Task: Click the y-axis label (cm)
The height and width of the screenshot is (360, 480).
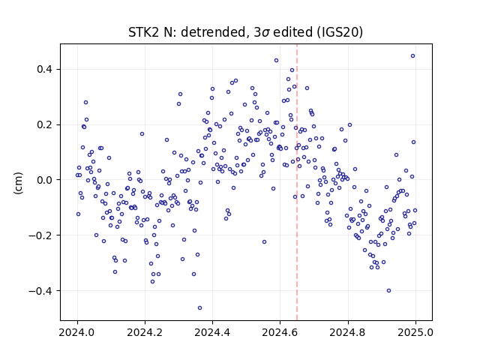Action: [18, 183]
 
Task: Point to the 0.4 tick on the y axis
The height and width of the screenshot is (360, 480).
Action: [45, 70]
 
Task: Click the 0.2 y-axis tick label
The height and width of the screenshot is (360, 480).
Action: [45, 125]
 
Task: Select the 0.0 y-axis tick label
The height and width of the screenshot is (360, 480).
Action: [45, 180]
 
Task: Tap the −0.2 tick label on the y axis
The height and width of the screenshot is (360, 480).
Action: [40, 235]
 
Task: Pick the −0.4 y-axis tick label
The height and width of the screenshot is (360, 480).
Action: [40, 291]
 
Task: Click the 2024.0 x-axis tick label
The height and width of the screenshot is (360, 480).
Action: [77, 332]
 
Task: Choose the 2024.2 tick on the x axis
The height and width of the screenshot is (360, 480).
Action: [145, 332]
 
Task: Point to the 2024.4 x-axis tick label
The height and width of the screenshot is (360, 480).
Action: [212, 332]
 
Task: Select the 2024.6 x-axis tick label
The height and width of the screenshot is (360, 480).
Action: [280, 332]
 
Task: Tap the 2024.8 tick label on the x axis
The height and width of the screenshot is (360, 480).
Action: [348, 332]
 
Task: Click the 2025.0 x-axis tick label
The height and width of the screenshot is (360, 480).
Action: [415, 332]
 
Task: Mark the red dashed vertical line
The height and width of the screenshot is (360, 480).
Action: [297, 182]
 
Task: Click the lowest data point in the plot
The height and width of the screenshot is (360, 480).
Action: [200, 308]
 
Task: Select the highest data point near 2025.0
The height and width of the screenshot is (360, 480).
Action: [413, 56]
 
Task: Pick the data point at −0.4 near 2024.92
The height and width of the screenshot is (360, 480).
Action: [388, 291]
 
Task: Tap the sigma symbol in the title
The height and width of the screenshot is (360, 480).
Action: [265, 33]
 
